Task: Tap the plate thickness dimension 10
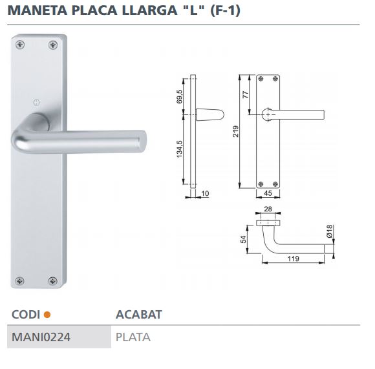[206, 193]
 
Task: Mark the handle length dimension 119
[292, 259]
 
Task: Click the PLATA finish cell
[133, 337]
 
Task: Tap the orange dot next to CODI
[47, 315]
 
